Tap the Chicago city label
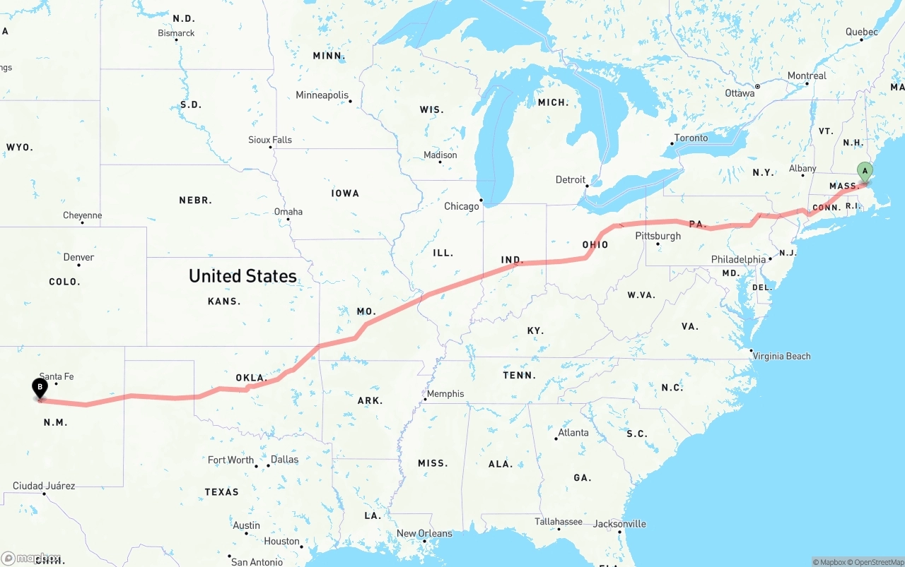461,206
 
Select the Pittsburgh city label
658,236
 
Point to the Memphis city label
445,393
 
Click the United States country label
243,275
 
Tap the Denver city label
78,257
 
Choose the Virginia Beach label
781,356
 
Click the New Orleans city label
424,533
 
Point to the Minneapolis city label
322,95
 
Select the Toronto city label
691,138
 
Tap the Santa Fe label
57,376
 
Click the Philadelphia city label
738,259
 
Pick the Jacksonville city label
620,524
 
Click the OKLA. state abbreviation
251,378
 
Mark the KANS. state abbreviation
224,301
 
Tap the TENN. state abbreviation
519,375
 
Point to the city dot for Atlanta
556,438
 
